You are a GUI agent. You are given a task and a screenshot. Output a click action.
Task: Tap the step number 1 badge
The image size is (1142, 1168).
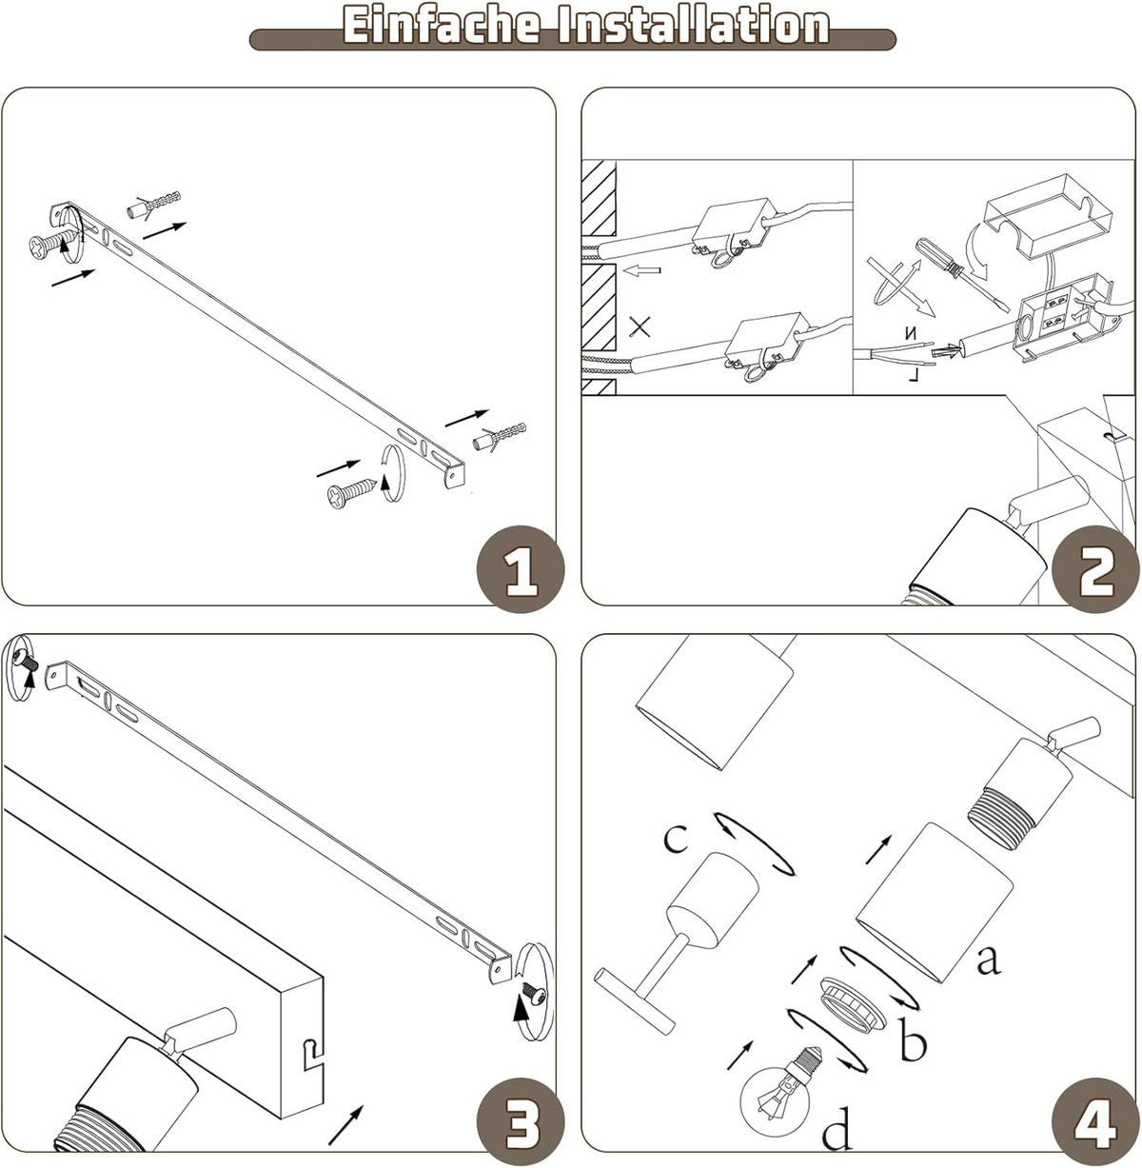[x=520, y=569]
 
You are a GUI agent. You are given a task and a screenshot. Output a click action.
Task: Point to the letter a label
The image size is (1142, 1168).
[x=989, y=960]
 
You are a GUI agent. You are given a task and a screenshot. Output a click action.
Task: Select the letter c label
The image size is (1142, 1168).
[x=675, y=838]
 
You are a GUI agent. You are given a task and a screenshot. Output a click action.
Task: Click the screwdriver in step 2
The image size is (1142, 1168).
[x=955, y=272]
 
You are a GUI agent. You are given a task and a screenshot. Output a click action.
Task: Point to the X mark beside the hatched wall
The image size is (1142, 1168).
[x=640, y=328]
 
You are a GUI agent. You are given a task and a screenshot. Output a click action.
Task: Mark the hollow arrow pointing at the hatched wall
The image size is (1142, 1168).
[x=642, y=271]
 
